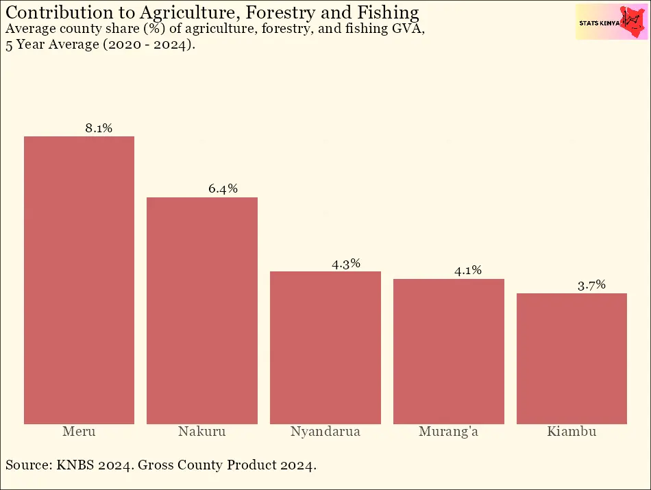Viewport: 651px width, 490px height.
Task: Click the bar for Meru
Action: [79, 280]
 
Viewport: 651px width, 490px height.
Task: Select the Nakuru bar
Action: [202, 310]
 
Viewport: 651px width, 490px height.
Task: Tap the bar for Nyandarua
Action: [325, 347]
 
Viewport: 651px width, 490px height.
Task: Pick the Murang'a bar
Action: [449, 351]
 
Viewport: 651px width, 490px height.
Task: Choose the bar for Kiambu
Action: [572, 358]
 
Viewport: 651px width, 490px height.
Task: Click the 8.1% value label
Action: [99, 128]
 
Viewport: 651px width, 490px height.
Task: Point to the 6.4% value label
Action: [223, 189]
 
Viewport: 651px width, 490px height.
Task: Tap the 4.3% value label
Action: [345, 264]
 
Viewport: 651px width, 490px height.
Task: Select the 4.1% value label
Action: [468, 271]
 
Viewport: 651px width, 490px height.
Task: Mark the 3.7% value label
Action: [591, 286]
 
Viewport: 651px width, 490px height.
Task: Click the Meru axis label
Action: [79, 432]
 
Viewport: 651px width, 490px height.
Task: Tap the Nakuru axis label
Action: [202, 432]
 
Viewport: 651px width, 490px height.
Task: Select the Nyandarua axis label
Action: [325, 432]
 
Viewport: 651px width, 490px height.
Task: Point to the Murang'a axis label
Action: [449, 432]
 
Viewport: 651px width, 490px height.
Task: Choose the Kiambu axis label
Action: [572, 432]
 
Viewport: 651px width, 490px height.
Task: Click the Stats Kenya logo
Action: [611, 23]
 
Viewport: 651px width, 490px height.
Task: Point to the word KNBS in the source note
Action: [74, 465]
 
